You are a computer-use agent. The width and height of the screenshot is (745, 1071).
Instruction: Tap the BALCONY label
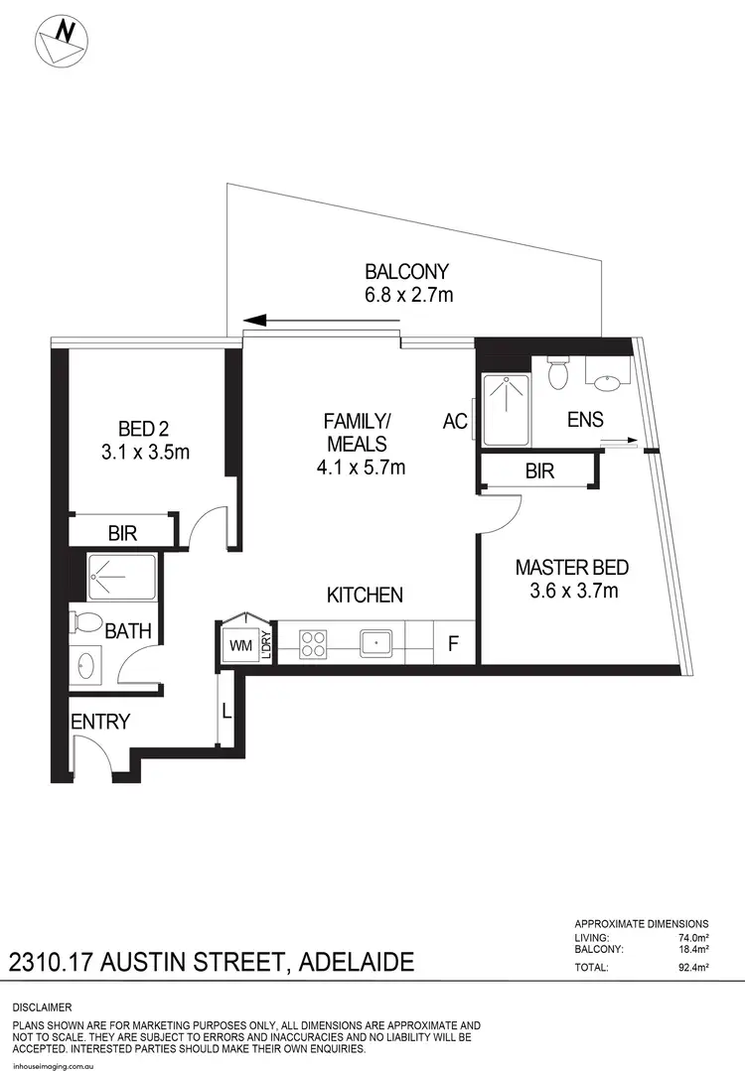point(407,271)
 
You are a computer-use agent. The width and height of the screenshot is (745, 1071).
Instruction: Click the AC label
point(455,421)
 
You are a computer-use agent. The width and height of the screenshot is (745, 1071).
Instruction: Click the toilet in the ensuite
point(557,373)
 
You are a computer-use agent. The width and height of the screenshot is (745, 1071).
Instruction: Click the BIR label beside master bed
point(540,471)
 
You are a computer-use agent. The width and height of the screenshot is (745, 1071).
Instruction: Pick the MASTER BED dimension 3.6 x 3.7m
point(571,593)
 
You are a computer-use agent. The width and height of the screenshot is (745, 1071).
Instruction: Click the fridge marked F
point(453,643)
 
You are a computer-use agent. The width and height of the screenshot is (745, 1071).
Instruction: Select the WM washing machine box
point(240,644)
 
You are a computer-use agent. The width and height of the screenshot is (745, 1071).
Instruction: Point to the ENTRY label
point(100,722)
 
